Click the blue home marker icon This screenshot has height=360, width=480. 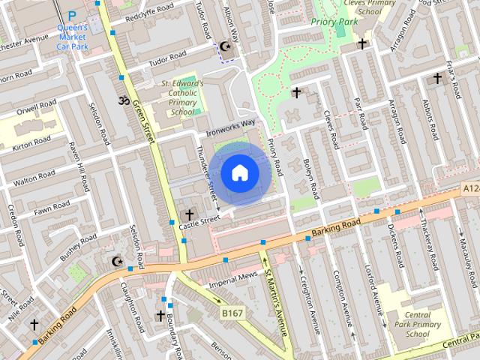coord(239,172)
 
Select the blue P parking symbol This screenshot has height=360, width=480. coord(72,15)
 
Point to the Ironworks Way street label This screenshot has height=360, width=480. coord(231,127)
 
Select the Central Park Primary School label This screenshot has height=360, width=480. coord(416,324)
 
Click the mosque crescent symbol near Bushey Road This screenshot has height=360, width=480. coord(116,261)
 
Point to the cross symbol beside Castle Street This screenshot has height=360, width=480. coord(190,215)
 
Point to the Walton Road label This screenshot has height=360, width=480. coord(35,178)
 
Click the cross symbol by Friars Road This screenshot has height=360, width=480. coord(437,78)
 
